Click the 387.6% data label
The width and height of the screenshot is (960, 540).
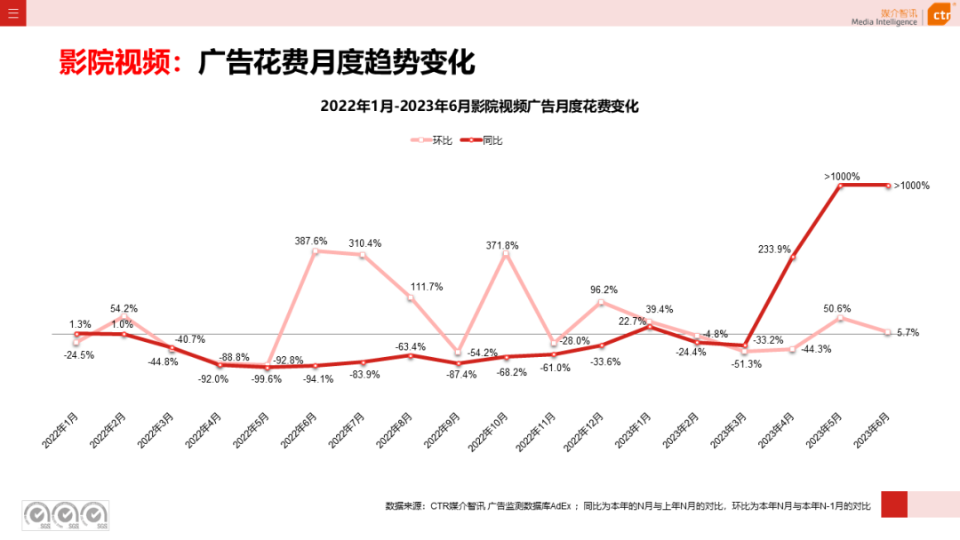point(311,241)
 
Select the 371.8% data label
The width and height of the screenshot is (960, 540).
point(502,245)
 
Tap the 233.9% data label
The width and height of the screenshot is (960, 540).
point(774,250)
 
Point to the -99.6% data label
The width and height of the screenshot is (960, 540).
point(267,378)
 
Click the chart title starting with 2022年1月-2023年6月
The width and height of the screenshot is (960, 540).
point(480,107)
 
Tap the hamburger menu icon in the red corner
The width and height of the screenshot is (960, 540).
point(13,13)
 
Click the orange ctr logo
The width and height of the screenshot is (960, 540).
point(940,15)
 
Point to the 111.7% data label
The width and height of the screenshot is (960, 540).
point(427,287)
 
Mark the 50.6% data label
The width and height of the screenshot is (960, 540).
point(838,309)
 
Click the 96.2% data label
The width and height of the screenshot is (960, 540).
point(604,290)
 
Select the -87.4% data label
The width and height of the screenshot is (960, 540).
point(460,375)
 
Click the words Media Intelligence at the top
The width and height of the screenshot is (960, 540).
point(884,21)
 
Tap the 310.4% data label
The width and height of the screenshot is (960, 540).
point(365,243)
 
